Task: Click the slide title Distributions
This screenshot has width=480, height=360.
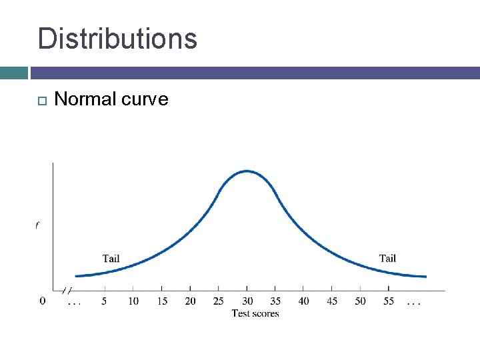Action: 117,39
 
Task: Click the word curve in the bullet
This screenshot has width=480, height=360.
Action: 145,99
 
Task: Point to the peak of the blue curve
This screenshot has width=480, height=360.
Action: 247,171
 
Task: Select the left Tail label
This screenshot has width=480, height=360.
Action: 111,259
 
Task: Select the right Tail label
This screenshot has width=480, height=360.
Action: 387,259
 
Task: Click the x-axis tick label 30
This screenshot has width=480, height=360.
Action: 247,301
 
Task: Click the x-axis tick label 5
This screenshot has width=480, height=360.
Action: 105,301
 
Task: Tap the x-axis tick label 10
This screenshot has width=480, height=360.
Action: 133,301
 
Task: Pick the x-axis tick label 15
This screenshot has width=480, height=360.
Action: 162,301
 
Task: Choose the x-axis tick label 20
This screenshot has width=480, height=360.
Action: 190,301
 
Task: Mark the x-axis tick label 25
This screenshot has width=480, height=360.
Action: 219,301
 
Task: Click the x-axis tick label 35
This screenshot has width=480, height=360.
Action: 275,301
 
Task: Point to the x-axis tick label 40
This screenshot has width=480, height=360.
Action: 303,301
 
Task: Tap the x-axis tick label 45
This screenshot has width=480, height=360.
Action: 332,301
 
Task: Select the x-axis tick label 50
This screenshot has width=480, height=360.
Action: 360,301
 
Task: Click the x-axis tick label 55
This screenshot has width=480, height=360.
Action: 389,301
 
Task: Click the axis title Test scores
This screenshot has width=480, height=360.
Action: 255,313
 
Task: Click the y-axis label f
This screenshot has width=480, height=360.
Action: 37,225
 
